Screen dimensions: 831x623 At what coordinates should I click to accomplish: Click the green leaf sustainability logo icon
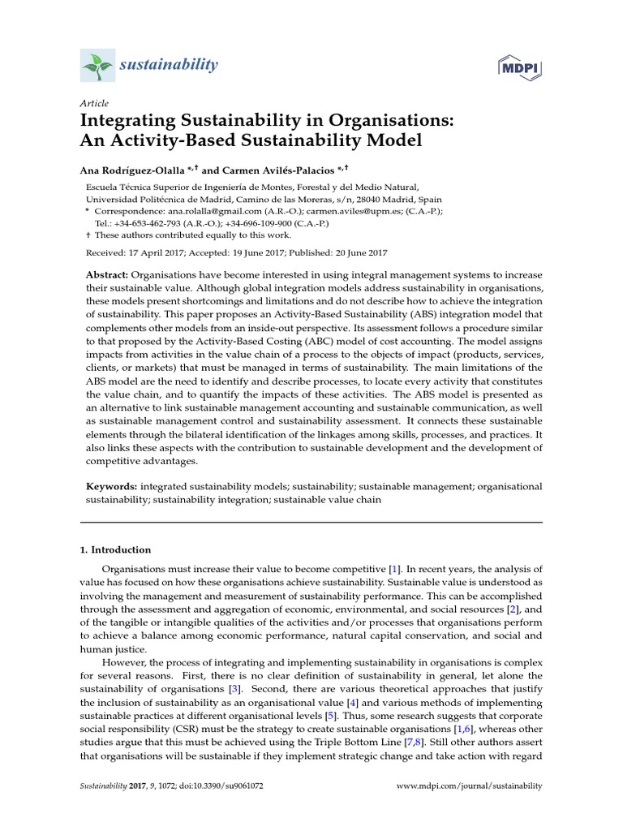tap(99, 64)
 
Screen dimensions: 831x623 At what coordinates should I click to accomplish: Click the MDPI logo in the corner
tap(521, 66)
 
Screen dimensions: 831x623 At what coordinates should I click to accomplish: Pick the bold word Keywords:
tap(112, 485)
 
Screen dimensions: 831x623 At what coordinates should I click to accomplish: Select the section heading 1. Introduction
tap(115, 549)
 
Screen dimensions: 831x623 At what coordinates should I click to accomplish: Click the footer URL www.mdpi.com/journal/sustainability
tap(468, 809)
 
